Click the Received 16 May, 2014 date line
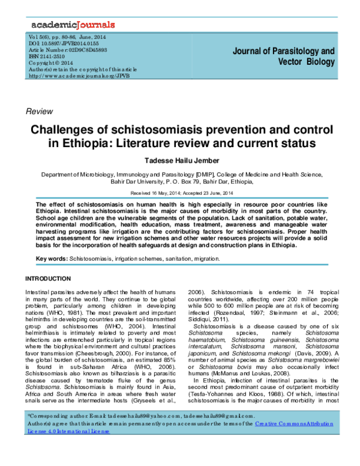click(156, 193)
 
